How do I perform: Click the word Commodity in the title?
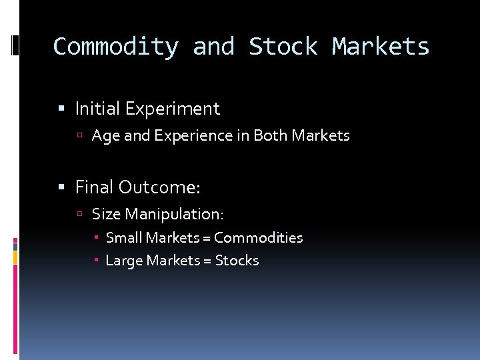(115, 47)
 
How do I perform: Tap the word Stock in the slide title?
(283, 47)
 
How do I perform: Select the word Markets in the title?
(381, 47)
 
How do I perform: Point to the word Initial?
(97, 108)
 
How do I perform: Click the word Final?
(94, 187)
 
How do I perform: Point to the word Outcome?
(159, 187)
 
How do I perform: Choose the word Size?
(106, 214)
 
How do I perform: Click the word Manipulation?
(175, 214)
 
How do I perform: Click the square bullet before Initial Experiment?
(61, 109)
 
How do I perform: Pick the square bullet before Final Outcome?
(61, 188)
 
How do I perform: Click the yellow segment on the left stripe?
(15, 256)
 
